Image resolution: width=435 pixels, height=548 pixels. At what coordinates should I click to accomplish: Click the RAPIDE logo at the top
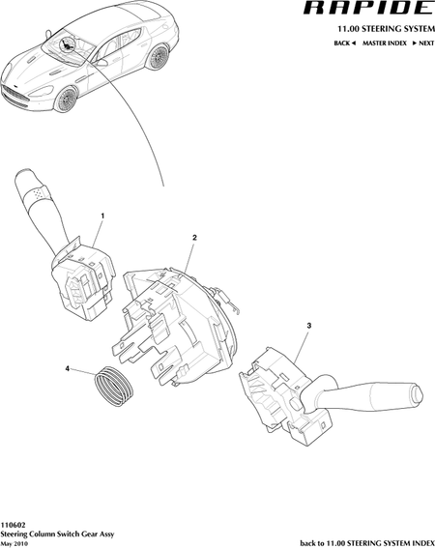coord(368,8)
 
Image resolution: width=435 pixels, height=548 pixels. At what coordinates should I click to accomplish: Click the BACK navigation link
coord(345,43)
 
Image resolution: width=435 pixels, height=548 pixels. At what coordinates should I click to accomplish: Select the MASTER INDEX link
coord(385,43)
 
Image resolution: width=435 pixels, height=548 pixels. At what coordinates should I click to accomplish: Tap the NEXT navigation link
coord(423,43)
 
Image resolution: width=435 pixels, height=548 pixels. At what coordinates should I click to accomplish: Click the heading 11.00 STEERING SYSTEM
coord(386,29)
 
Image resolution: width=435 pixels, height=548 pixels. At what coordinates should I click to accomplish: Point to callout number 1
coord(102,216)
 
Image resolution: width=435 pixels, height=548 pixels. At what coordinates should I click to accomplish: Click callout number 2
coord(194,238)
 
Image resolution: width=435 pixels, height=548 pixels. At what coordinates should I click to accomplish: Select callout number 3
coord(309,326)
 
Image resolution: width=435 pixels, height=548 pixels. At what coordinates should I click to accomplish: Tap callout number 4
coord(68,368)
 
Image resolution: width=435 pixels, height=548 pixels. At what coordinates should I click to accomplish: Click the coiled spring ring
coord(114,387)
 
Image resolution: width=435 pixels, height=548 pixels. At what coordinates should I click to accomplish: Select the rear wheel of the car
coord(159,57)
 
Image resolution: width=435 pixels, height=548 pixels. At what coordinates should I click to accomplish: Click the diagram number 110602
coord(13,525)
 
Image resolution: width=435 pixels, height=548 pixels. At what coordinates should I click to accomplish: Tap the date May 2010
coord(14,543)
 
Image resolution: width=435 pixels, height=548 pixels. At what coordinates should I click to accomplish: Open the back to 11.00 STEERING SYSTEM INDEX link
coord(367,543)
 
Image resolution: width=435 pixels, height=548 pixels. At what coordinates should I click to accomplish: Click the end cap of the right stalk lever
coord(417,394)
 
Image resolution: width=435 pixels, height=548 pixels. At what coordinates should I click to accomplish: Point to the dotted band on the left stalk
coord(39,194)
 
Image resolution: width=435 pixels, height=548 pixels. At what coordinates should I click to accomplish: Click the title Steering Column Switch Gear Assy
coord(57,534)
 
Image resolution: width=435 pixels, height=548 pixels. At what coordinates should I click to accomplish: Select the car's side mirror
coord(101,62)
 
